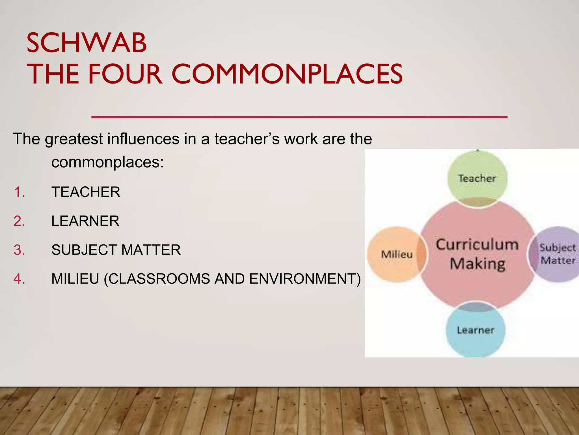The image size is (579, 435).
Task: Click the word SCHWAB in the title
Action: (x=87, y=43)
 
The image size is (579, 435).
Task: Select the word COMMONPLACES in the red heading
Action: (x=287, y=74)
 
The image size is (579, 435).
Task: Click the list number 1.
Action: (x=19, y=192)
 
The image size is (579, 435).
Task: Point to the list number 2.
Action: (x=19, y=221)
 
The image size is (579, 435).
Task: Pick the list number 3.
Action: (x=19, y=250)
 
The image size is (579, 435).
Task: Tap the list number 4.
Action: (x=19, y=279)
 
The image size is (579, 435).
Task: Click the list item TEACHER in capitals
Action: (x=86, y=192)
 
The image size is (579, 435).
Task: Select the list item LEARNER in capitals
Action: (x=85, y=221)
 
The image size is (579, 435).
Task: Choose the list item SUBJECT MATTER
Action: (x=116, y=250)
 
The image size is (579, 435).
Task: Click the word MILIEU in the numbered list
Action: (x=75, y=279)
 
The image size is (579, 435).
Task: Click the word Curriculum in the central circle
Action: (x=477, y=245)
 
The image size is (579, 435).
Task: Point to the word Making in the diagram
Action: (x=478, y=264)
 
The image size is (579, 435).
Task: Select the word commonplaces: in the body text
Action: (x=107, y=163)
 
